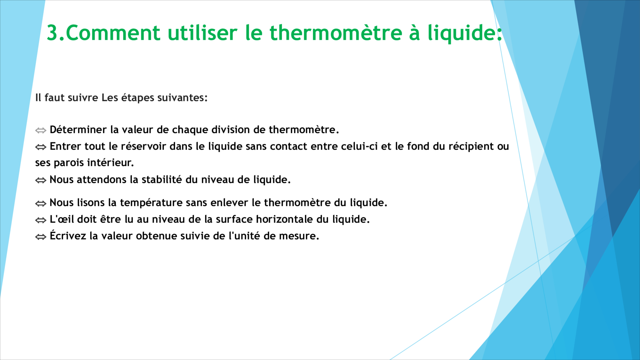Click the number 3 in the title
pyautogui.click(x=53, y=32)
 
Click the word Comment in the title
pyautogui.click(x=113, y=32)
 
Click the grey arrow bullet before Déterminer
pyautogui.click(x=40, y=130)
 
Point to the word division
pyautogui.click(x=231, y=130)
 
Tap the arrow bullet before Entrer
pyautogui.click(x=40, y=147)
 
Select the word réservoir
pyautogui.click(x=144, y=146)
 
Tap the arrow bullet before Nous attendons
pyautogui.click(x=40, y=180)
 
